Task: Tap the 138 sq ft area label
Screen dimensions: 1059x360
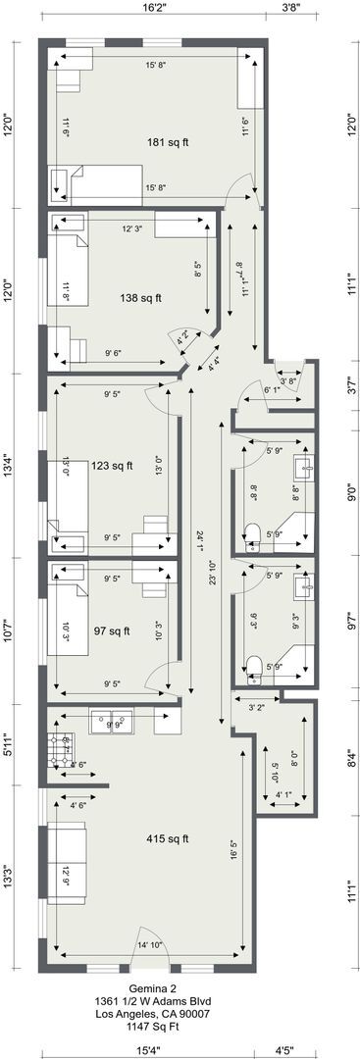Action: coord(141,298)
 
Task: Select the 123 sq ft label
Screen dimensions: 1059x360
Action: coord(112,466)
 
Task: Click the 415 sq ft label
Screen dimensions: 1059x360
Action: coord(169,838)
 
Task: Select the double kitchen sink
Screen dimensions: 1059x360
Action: coord(111,724)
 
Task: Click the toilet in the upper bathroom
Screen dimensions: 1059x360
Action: coord(252,532)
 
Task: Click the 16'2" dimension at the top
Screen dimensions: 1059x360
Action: coord(153,7)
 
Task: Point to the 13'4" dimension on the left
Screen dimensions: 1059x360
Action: coord(8,464)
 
